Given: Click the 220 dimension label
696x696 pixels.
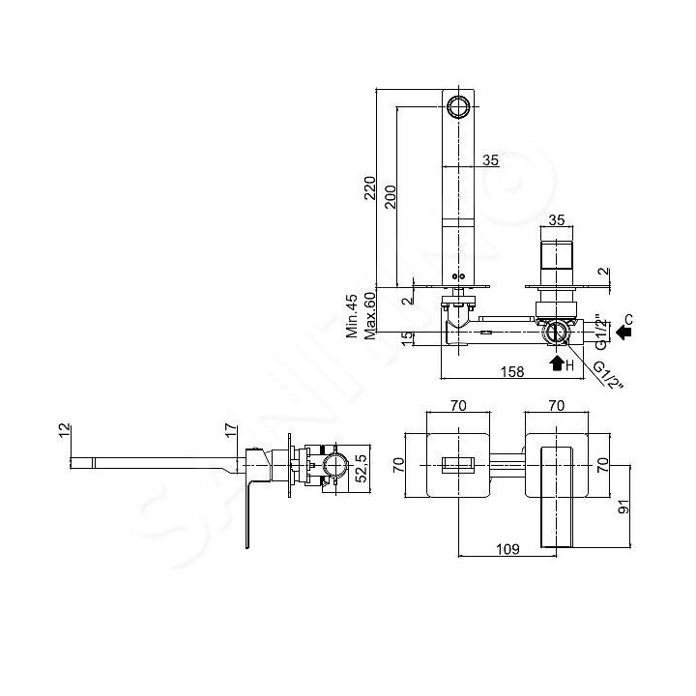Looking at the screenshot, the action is tap(369, 188).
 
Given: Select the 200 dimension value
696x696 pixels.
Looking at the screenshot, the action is tap(390, 196).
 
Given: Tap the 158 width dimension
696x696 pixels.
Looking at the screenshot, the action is tap(512, 371).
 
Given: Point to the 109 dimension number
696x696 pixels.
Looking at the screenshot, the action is tap(507, 549).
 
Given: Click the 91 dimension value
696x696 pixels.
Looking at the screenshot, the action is tap(623, 507).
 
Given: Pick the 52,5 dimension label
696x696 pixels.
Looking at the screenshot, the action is tap(362, 468).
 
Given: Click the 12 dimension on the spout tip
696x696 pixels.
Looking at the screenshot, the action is tap(65, 430).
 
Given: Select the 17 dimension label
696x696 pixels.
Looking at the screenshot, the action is tap(231, 430).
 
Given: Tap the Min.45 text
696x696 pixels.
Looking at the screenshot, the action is tap(352, 316).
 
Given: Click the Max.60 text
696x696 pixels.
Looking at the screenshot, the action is tap(369, 316).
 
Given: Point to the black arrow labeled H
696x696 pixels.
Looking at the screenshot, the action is tap(557, 363).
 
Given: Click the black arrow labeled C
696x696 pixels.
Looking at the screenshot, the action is tap(624, 332).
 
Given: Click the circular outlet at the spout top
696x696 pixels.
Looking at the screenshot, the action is tap(457, 106).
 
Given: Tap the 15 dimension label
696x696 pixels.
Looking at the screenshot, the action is tap(407, 339).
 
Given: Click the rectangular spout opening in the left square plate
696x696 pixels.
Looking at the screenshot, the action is tap(458, 465).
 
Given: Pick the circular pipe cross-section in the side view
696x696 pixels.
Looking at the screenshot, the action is tap(336, 466).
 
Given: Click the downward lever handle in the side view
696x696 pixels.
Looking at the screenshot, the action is tap(248, 515).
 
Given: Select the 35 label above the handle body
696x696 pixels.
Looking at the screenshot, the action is tap(556, 219).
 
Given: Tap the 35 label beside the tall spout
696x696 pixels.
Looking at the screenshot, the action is tap(490, 159).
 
